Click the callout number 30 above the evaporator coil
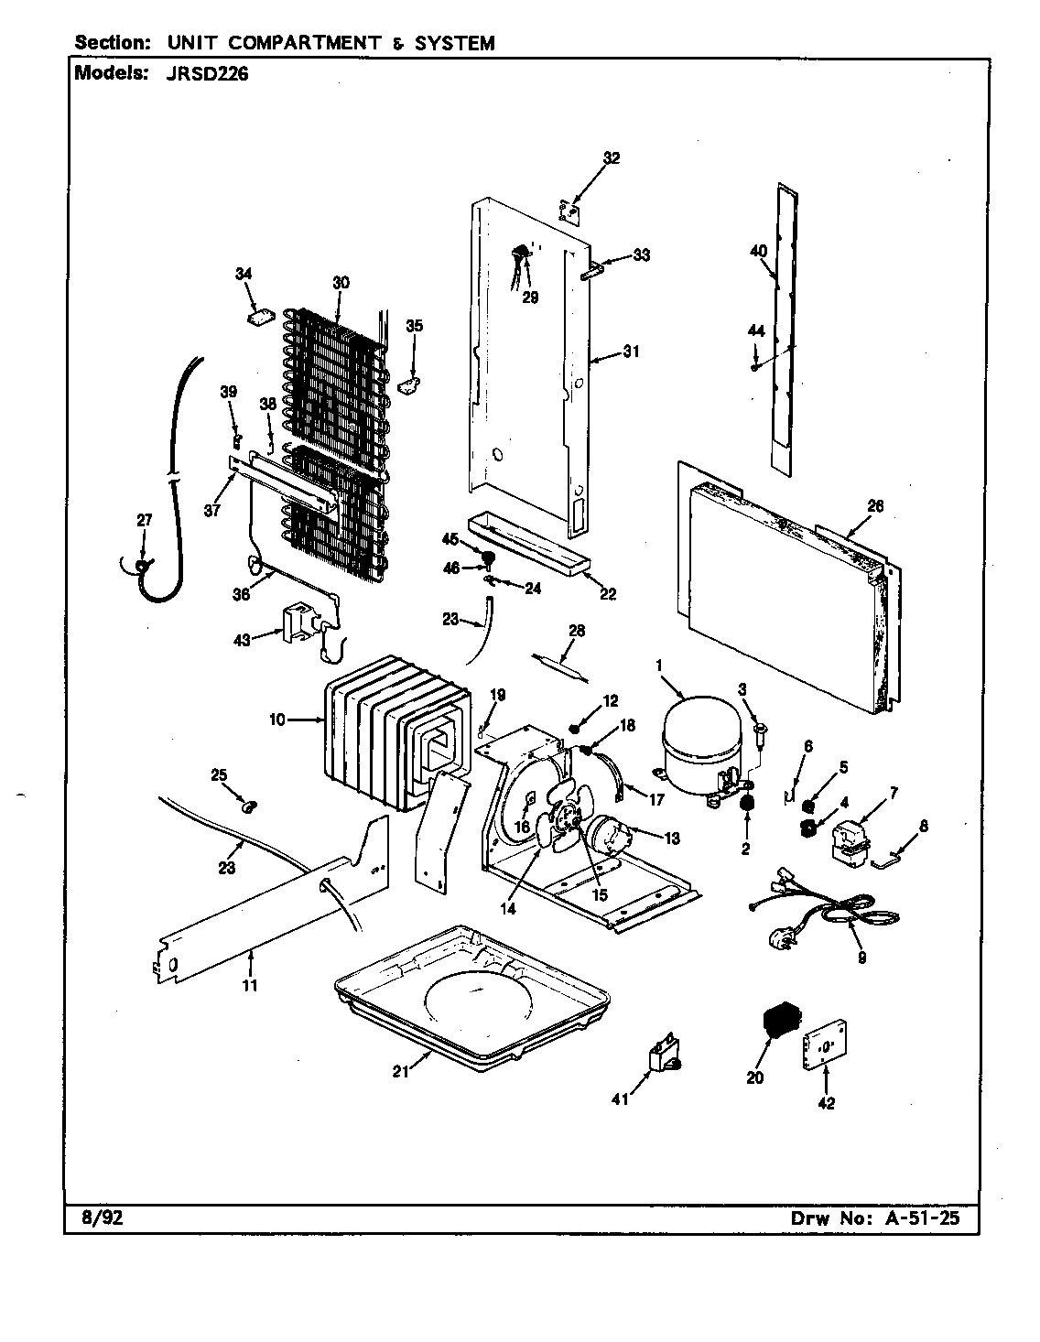[x=341, y=283]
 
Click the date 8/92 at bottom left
[x=89, y=1218]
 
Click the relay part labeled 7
[x=850, y=840]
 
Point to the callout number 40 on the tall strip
[x=757, y=251]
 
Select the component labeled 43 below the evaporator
[x=299, y=623]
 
